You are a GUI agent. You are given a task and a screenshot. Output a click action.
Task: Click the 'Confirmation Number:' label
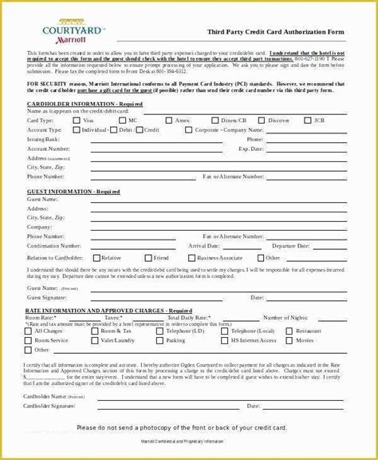tap(55, 247)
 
